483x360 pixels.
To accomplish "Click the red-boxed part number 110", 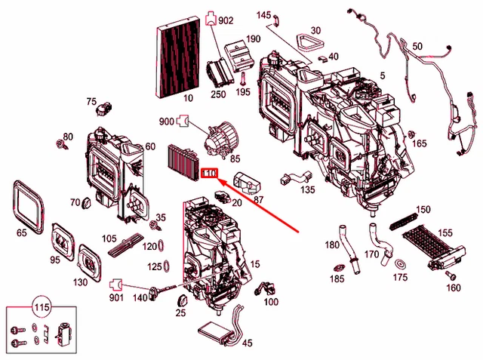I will click(211, 174).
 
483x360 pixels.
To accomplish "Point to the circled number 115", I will click(42, 308).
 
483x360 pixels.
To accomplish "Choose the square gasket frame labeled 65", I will click(29, 203).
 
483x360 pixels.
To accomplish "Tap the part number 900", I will click(166, 121).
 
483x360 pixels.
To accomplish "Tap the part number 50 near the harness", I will click(418, 47).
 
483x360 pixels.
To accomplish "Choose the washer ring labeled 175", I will click(399, 263).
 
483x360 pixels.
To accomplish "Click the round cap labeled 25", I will click(180, 301).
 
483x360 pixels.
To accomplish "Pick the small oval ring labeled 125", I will click(166, 266).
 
